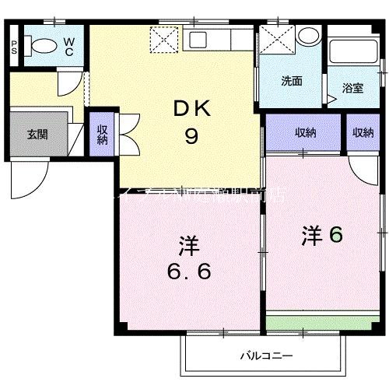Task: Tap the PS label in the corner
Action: coord(14,46)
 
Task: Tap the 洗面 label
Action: coord(292,79)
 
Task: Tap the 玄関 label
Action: coord(37,134)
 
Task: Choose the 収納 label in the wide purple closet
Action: coord(305,133)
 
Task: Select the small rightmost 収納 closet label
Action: coord(363,133)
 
